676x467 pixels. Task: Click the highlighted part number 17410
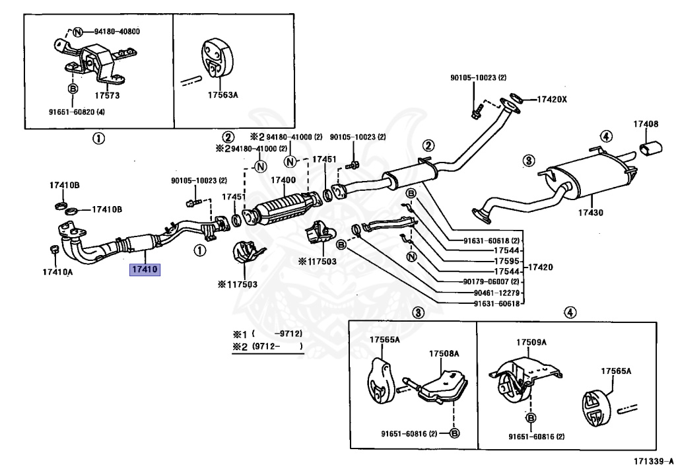click(145, 270)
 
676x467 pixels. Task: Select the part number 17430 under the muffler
click(591, 213)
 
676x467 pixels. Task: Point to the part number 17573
click(107, 95)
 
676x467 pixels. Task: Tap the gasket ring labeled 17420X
click(516, 98)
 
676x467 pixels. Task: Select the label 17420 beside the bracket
click(540, 268)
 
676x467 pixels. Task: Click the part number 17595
click(506, 261)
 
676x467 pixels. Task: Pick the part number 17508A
click(444, 353)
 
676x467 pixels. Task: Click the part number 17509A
click(531, 342)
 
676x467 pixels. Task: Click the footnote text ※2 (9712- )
click(267, 346)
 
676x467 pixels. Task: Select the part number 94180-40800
click(118, 32)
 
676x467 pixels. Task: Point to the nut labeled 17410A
click(54, 249)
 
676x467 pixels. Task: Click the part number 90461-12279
click(496, 293)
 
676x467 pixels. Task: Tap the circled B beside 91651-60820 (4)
click(73, 89)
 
